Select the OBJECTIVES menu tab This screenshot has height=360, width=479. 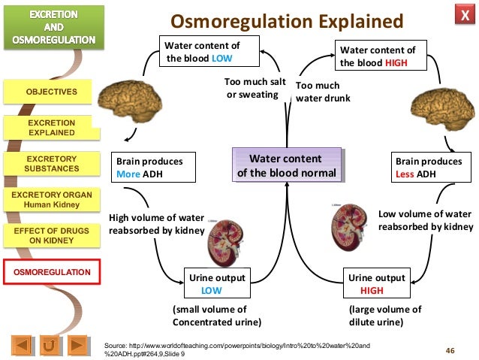pos(52,92)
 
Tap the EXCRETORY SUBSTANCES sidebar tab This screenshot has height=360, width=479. pos(52,164)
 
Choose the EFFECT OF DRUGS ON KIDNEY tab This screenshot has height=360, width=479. pos(52,236)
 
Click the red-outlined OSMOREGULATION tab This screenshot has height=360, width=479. pos(52,271)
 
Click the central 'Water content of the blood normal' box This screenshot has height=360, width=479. pos(285,167)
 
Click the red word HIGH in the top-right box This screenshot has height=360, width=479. pos(396,63)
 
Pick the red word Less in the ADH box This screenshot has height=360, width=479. pos(406,175)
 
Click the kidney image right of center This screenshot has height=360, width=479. pos(347,229)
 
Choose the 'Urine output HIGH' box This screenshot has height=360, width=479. pos(376,283)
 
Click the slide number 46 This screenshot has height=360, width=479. pos(450,349)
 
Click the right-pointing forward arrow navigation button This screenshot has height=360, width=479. pos(77,346)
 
